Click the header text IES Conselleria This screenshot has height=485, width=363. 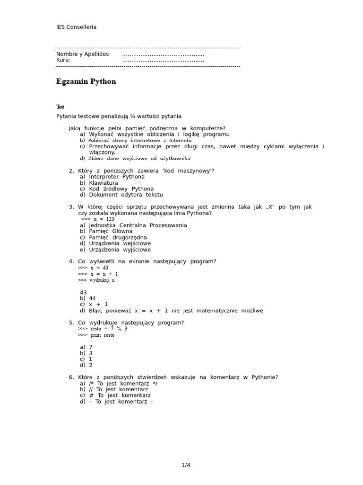(x=76, y=27)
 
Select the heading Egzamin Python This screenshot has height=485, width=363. (x=86, y=81)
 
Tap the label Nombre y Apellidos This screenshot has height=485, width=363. (x=82, y=54)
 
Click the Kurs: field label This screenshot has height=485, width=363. (x=63, y=60)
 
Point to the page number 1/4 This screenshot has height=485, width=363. (x=186, y=465)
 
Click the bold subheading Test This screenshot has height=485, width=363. (x=60, y=107)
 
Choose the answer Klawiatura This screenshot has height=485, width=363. (x=103, y=183)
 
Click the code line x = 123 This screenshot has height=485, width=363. (x=98, y=219)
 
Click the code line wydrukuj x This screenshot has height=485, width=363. (x=96, y=280)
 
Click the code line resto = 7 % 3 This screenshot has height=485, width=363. (x=102, y=329)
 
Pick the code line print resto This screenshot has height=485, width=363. (x=96, y=335)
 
